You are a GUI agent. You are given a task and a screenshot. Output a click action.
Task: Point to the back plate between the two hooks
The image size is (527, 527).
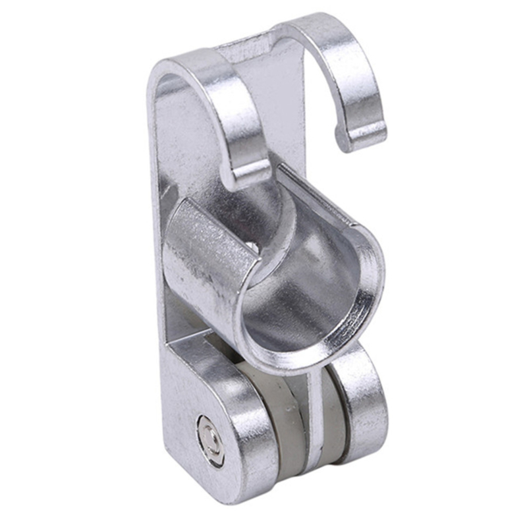pyautogui.click(x=277, y=99)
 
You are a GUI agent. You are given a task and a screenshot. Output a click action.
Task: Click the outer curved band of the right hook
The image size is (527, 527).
pyautogui.click(x=366, y=72)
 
